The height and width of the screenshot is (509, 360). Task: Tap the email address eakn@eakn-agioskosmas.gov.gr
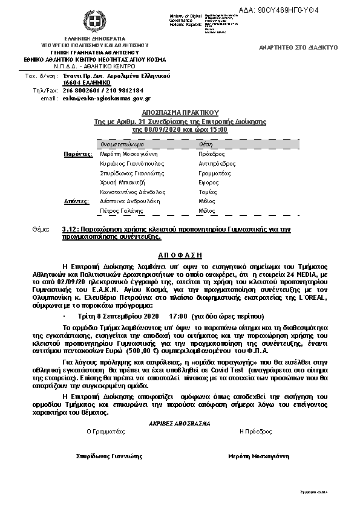point(106,98)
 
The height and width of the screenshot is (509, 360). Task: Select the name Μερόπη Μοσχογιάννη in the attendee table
point(125,154)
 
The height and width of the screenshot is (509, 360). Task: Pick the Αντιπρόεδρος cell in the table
point(217,164)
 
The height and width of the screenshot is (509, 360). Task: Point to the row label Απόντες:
point(77,201)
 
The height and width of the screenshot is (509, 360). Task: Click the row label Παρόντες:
point(79,154)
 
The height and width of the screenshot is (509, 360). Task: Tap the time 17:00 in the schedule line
point(178,316)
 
